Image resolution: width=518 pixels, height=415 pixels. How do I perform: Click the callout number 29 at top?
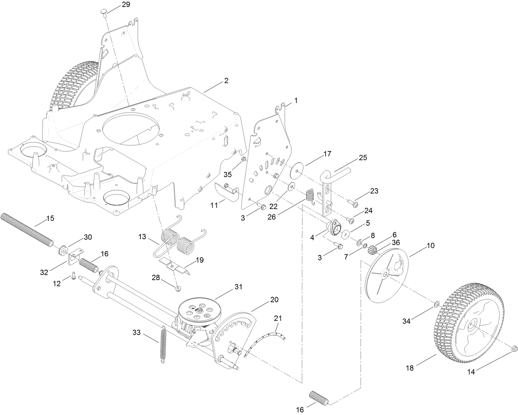pyautogui.click(x=116, y=5)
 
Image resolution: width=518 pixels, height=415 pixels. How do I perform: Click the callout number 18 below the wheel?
pyautogui.click(x=409, y=368)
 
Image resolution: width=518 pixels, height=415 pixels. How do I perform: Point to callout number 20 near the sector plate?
pyautogui.click(x=274, y=300)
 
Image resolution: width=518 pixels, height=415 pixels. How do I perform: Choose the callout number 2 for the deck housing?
pyautogui.click(x=226, y=81)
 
